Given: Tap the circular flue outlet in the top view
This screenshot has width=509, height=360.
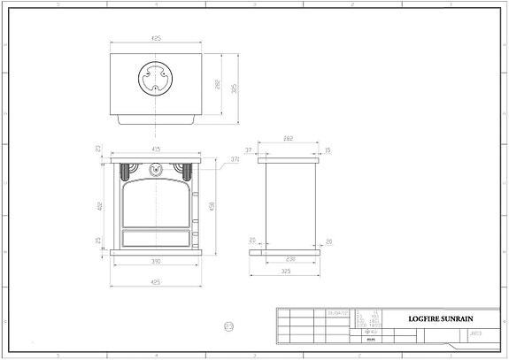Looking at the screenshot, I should coord(157,80).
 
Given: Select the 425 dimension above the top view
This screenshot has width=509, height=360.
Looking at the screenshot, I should coord(157,40).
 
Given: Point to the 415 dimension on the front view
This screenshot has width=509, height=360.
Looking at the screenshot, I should coord(156,149).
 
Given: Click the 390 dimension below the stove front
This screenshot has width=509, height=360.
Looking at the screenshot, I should coord(156,261).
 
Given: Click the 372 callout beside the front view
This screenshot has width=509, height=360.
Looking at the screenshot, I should coord(235,159).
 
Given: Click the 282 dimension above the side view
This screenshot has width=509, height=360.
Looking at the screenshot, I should coord(288,140).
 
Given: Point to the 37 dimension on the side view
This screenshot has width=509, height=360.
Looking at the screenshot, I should coord(250,150).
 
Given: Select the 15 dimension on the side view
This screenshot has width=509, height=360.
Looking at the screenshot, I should coord(327,150).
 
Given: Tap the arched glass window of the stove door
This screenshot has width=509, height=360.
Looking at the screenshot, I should coord(157,201).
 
